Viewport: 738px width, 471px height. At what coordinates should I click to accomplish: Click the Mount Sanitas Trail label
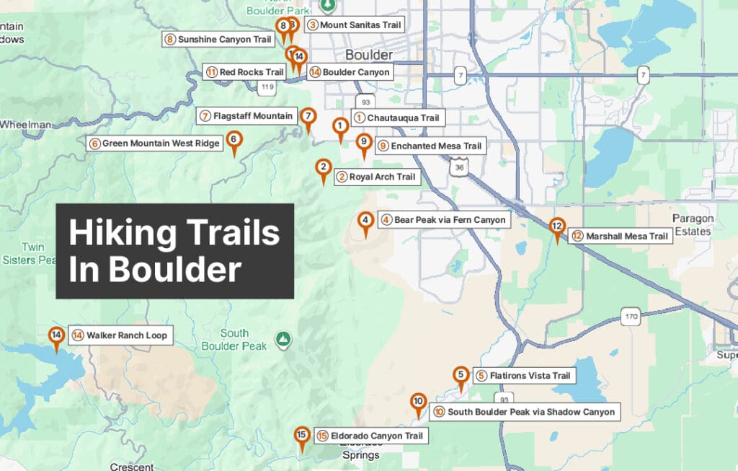pyautogui.click(x=354, y=25)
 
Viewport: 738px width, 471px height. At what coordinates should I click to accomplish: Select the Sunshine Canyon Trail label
pyautogui.click(x=218, y=39)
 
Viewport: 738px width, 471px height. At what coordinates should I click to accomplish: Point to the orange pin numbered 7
pyautogui.click(x=308, y=117)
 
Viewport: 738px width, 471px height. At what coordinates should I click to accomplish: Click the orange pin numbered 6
pyautogui.click(x=234, y=140)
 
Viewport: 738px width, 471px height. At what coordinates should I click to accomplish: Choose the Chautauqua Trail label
pyautogui.click(x=396, y=118)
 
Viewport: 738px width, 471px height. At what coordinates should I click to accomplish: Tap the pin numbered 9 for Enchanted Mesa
pyautogui.click(x=364, y=143)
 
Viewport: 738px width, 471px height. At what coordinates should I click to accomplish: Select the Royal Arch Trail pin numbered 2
pyautogui.click(x=324, y=170)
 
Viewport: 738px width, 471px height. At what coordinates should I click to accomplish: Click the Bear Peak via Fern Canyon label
pyautogui.click(x=445, y=219)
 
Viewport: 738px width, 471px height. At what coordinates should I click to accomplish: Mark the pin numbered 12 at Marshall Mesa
pyautogui.click(x=556, y=227)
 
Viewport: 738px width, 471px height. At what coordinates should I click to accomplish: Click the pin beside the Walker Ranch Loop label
pyautogui.click(x=56, y=336)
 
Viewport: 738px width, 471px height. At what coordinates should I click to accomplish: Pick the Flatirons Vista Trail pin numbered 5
pyautogui.click(x=461, y=376)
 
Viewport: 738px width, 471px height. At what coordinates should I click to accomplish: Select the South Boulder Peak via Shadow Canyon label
pyautogui.click(x=526, y=412)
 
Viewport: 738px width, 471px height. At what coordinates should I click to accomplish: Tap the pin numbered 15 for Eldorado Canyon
pyautogui.click(x=302, y=436)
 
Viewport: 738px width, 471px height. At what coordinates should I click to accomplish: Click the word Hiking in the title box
pyautogui.click(x=122, y=234)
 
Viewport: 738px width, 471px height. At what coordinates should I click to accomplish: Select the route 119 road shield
pyautogui.click(x=267, y=87)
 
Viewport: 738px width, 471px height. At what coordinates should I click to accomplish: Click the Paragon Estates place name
pyautogui.click(x=693, y=224)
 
